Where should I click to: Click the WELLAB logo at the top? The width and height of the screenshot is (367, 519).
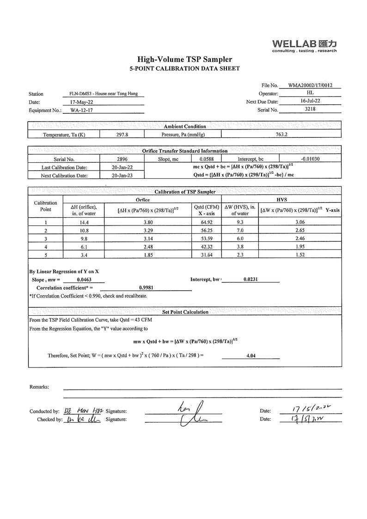click(304, 45)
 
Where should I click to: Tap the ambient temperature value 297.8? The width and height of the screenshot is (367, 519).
click(122, 134)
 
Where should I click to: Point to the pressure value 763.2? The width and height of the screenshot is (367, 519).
click(281, 134)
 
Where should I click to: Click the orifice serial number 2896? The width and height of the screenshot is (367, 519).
click(122, 159)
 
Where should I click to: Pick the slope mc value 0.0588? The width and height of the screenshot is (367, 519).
click(206, 159)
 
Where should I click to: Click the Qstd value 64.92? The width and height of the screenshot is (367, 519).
click(206, 222)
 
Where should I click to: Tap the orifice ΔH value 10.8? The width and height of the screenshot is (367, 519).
click(84, 231)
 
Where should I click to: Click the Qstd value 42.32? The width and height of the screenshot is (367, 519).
click(206, 247)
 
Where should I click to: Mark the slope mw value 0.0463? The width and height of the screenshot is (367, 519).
click(84, 280)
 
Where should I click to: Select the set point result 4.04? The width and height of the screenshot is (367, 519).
click(251, 356)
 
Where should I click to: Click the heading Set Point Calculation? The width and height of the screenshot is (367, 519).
click(185, 312)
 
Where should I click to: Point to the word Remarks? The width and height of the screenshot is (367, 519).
click(39, 387)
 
